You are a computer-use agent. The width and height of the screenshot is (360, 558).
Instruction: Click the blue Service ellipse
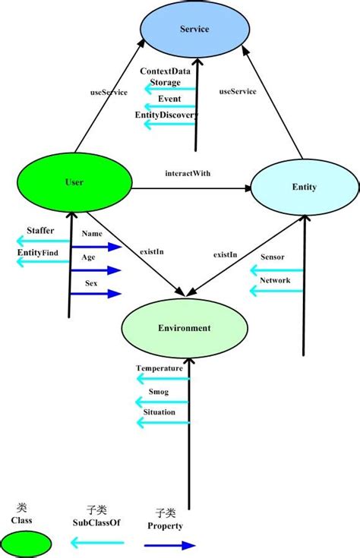pyautogui.click(x=194, y=30)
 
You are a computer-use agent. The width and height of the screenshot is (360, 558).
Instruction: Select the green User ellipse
pyautogui.click(x=74, y=183)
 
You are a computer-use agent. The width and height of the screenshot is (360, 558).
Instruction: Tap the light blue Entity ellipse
pyautogui.click(x=304, y=187)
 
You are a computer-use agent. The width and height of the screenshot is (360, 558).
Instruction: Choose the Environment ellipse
pyautogui.click(x=185, y=328)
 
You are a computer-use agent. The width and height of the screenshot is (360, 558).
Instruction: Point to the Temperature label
pyautogui.click(x=159, y=368)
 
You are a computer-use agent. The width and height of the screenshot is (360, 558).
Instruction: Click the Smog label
pyautogui.click(x=159, y=392)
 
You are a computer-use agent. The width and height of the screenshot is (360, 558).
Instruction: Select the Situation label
pyautogui.click(x=159, y=412)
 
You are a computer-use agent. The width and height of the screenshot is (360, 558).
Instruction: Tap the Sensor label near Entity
pyautogui.click(x=272, y=257)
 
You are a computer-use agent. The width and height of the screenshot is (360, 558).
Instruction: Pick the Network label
pyautogui.click(x=274, y=279)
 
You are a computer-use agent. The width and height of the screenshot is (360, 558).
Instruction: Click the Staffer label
pyautogui.click(x=40, y=230)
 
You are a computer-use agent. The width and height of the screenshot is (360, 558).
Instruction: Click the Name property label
pyautogui.click(x=92, y=234)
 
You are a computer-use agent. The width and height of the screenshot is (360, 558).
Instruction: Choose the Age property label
pyautogui.click(x=88, y=257)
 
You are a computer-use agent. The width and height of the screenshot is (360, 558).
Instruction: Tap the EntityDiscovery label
pyautogui.click(x=166, y=115)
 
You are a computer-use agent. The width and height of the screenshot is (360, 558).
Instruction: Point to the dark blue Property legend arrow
pyautogui.click(x=169, y=544)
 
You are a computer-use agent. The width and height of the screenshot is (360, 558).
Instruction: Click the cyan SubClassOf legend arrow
pyautogui.click(x=96, y=542)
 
